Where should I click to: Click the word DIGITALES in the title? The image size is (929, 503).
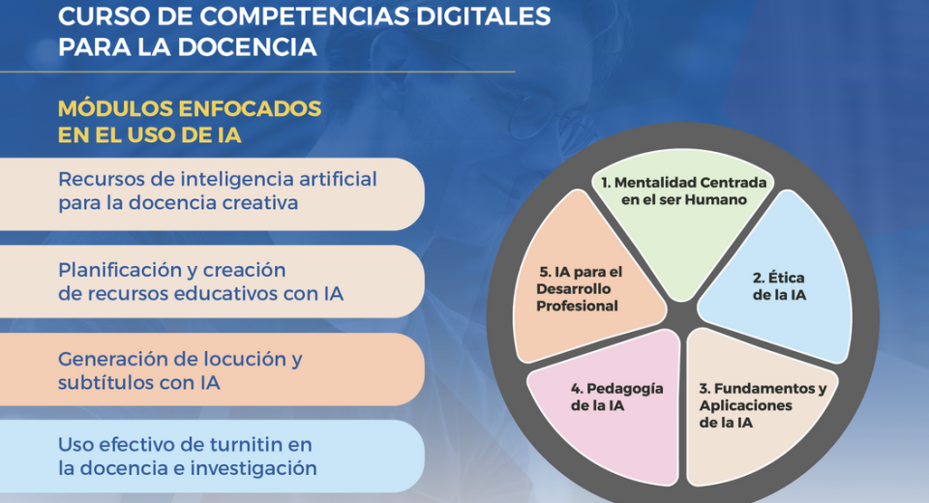(x=483, y=16)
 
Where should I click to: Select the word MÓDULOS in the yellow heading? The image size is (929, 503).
(x=115, y=109)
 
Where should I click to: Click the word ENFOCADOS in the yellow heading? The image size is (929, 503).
(x=250, y=109)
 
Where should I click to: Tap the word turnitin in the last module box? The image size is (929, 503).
(x=240, y=444)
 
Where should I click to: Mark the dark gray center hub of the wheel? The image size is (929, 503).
(x=682, y=314)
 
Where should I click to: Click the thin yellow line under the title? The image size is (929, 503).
(x=257, y=72)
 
